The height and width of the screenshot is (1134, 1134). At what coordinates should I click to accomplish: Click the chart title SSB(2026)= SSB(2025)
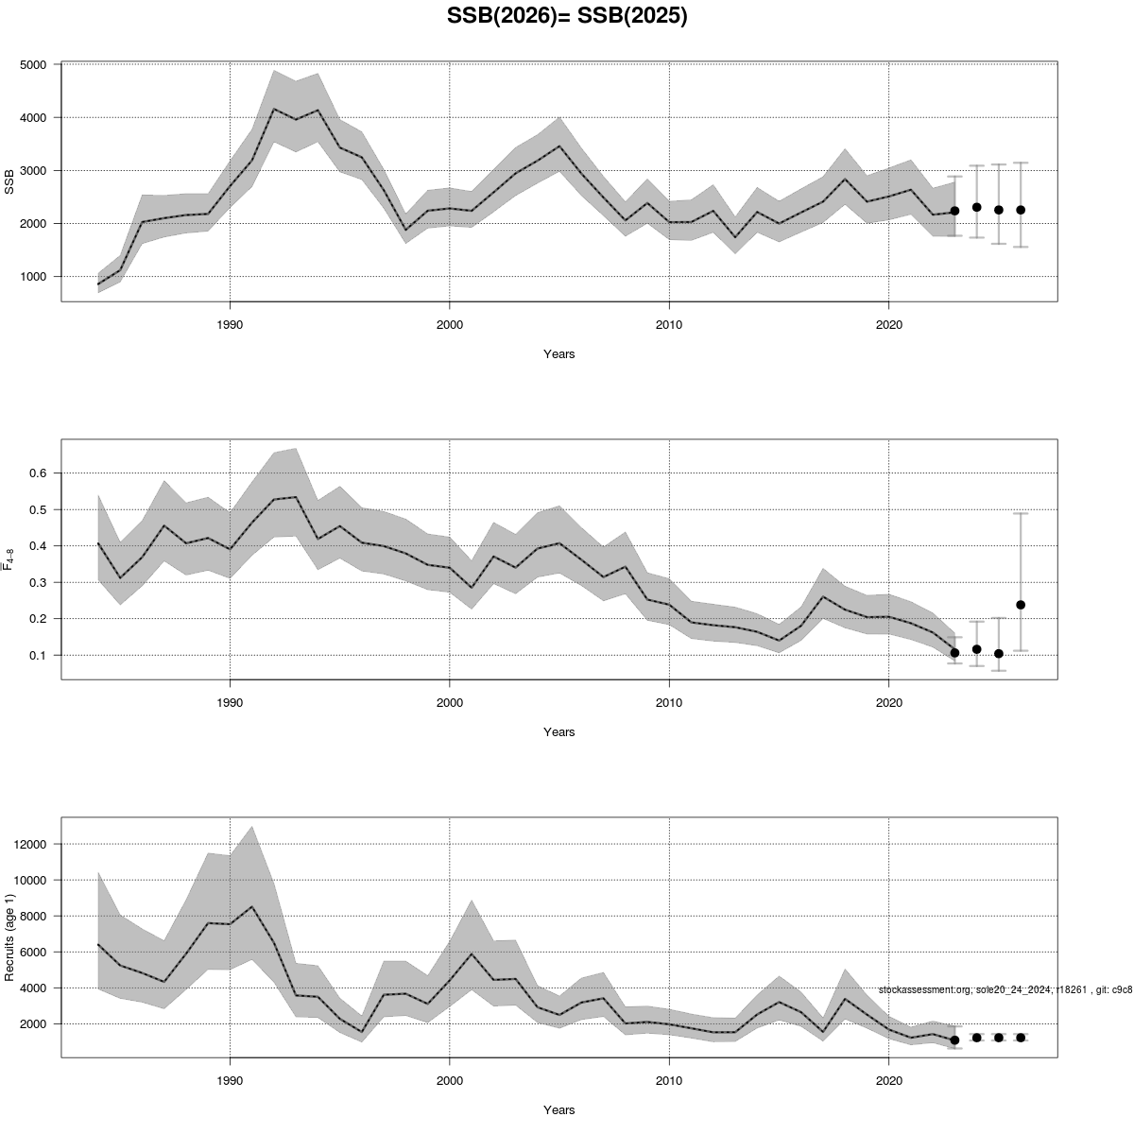(567, 17)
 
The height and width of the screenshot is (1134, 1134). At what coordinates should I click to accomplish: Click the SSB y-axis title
(9, 181)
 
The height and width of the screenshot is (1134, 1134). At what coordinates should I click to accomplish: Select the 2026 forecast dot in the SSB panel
(1021, 210)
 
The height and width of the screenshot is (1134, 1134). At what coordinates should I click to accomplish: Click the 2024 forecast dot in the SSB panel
(976, 207)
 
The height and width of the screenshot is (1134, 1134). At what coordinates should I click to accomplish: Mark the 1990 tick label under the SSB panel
(230, 325)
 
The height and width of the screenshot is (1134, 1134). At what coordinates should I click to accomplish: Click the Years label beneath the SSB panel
(558, 354)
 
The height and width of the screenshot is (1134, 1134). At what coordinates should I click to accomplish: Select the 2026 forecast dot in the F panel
(1021, 605)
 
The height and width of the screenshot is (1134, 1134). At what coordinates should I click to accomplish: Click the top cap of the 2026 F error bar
(1021, 513)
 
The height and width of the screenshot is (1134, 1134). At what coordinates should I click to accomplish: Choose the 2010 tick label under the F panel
(669, 703)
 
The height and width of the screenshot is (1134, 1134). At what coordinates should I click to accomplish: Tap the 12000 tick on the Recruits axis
(34, 844)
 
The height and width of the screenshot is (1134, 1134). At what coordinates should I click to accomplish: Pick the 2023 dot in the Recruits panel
(954, 1039)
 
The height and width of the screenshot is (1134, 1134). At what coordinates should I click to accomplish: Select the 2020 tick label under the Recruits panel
(888, 1081)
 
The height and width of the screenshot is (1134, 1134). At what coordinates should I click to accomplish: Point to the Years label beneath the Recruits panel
(558, 1110)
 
